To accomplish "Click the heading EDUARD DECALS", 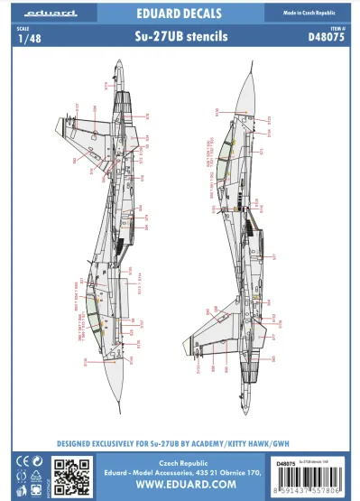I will (x=180, y=14).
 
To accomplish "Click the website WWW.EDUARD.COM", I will (x=180, y=485).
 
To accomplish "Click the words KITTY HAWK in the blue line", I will (x=247, y=444).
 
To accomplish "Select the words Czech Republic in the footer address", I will (x=180, y=459).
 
